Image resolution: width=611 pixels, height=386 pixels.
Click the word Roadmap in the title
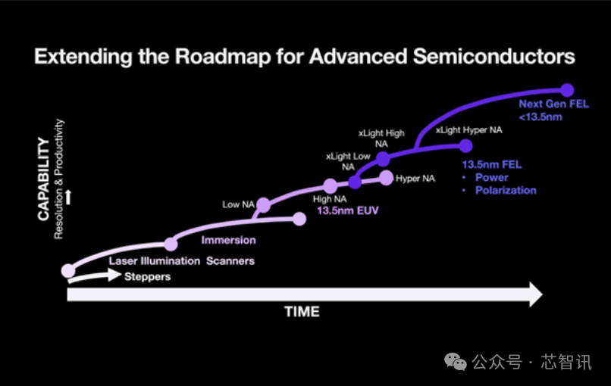coord(223,57)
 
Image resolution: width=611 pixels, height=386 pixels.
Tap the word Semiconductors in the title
coord(493,57)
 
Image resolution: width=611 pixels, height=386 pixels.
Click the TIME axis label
coord(302,312)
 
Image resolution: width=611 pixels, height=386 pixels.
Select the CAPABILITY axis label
coord(44,179)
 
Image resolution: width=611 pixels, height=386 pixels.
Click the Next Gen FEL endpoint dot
coord(567,90)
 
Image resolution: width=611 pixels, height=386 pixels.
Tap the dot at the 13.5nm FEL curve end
coord(465,146)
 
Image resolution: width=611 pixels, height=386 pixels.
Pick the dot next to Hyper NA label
coord(386,178)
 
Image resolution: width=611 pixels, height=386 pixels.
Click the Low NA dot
coord(263,204)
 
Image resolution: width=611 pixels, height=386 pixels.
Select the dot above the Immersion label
coord(171,244)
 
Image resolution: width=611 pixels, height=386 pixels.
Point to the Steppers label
coord(147,277)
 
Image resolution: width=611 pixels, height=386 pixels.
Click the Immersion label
coord(228,240)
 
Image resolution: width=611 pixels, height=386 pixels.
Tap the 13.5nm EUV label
coord(348,210)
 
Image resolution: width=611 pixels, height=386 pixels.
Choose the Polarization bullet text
coord(506,190)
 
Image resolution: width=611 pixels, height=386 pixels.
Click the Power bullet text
coord(492,177)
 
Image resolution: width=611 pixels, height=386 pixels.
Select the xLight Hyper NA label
coord(468,130)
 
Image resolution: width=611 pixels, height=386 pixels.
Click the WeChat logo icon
coord(455,362)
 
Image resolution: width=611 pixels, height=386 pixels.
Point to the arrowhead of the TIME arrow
coord(542,294)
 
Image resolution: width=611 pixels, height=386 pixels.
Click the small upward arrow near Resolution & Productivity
coord(68,197)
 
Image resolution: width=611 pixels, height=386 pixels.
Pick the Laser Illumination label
coord(155,260)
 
